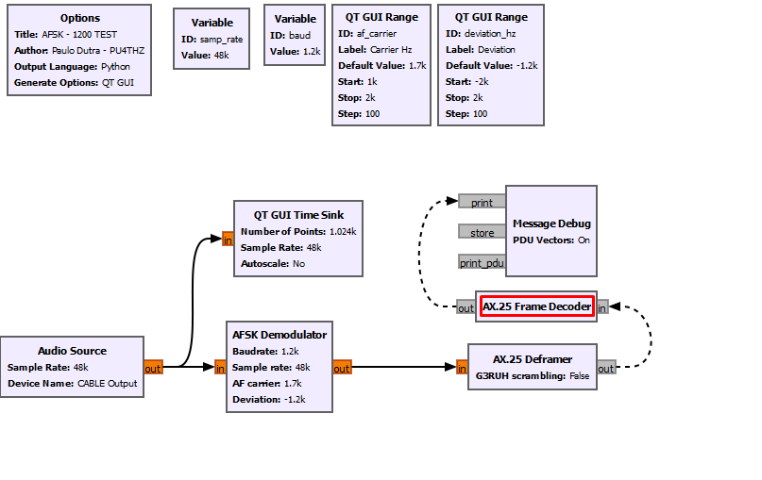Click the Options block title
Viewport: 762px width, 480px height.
pyautogui.click(x=79, y=18)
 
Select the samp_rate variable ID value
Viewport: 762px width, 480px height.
pyautogui.click(x=221, y=40)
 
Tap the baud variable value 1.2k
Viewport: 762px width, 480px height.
pyautogui.click(x=309, y=52)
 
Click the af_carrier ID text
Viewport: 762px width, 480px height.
pyautogui.click(x=376, y=34)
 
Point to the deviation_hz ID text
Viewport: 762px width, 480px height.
pyautogui.click(x=490, y=34)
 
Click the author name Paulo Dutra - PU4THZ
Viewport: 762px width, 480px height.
pyautogui.click(x=98, y=51)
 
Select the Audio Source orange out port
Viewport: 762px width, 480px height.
pyautogui.click(x=153, y=368)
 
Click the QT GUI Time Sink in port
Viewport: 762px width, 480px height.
pyautogui.click(x=228, y=240)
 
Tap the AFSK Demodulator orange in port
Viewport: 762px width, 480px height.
pyautogui.click(x=220, y=368)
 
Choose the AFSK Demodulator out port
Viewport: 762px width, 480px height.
pyautogui.click(x=342, y=368)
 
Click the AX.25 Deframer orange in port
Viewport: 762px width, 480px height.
pyautogui.click(x=462, y=368)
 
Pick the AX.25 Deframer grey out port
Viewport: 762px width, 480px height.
pyautogui.click(x=606, y=368)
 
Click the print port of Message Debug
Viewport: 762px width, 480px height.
pyautogui.click(x=482, y=202)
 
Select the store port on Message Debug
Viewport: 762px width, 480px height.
pyautogui.click(x=482, y=232)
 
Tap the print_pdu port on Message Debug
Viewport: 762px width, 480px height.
pyautogui.click(x=482, y=262)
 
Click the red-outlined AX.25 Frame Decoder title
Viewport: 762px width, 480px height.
pyautogui.click(x=536, y=306)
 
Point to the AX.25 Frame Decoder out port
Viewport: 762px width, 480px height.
pyautogui.click(x=466, y=307)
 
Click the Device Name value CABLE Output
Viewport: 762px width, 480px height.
pyautogui.click(x=108, y=384)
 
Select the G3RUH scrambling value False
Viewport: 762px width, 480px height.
pyautogui.click(x=579, y=375)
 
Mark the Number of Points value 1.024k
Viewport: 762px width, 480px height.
pyautogui.click(x=343, y=231)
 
